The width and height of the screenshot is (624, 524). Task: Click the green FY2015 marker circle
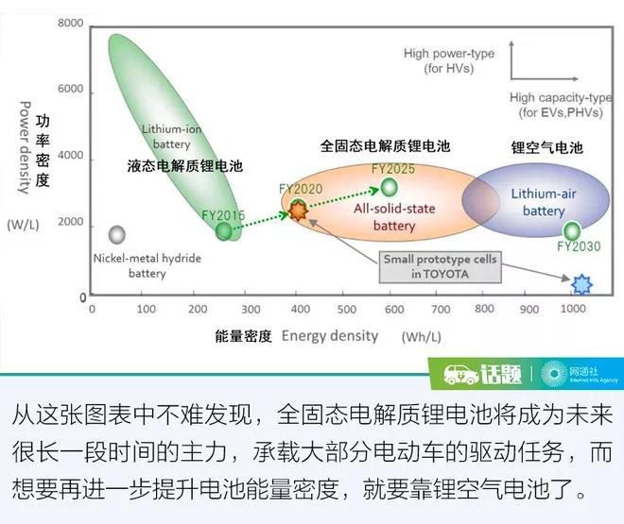click(224, 230)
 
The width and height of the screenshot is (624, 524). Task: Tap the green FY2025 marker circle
click(389, 186)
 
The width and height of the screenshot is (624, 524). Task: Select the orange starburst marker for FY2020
click(299, 211)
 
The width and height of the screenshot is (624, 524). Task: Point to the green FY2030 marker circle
click(572, 230)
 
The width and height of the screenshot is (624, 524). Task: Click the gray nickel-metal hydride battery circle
click(117, 234)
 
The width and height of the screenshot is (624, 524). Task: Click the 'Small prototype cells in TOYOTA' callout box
click(440, 266)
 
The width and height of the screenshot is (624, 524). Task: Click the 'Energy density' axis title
click(329, 335)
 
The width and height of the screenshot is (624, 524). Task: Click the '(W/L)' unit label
click(21, 226)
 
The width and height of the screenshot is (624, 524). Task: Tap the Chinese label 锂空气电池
click(546, 148)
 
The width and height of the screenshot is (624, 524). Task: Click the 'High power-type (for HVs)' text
click(448, 60)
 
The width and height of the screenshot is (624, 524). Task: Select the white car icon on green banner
click(461, 374)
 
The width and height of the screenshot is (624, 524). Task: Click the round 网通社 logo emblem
click(550, 374)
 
